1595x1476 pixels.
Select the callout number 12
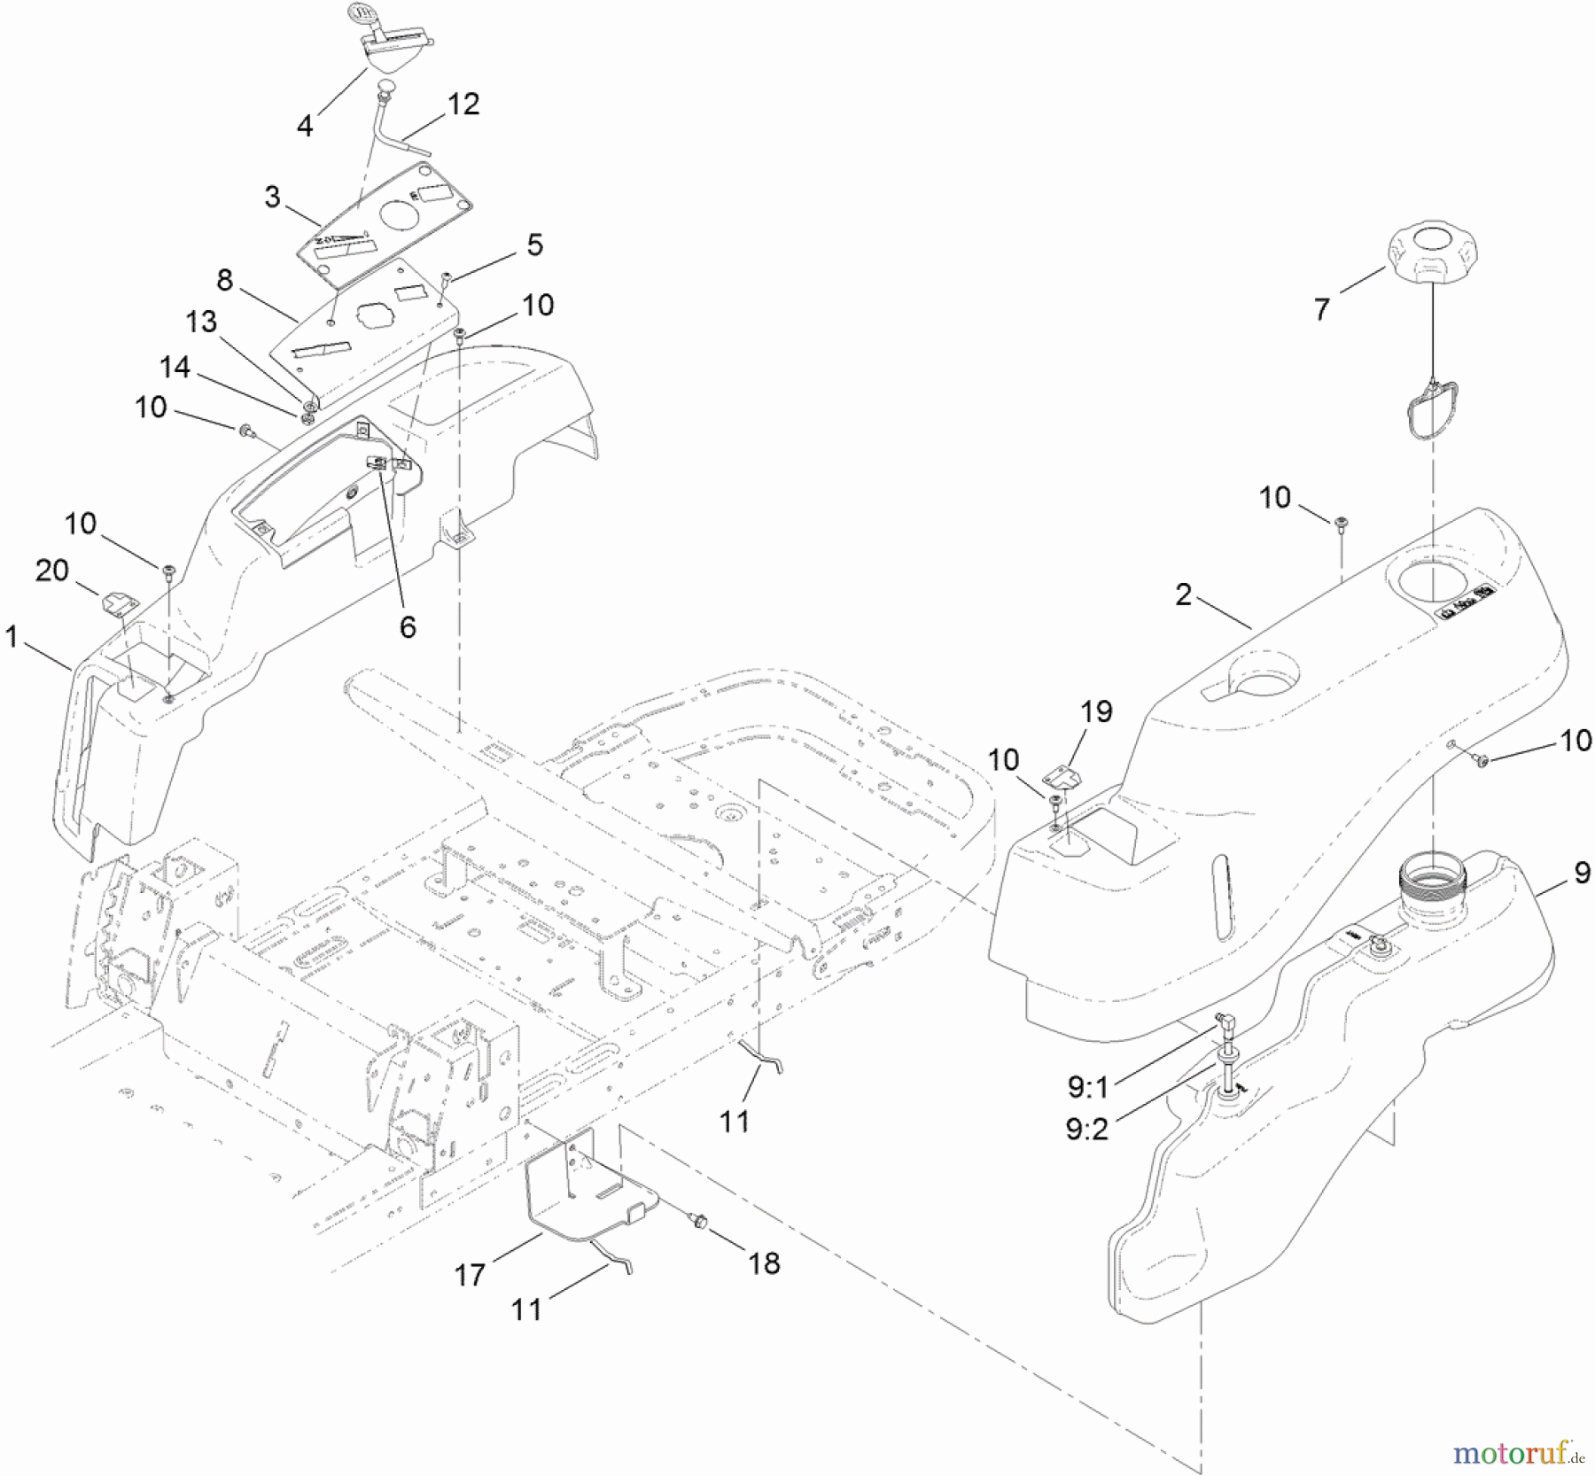click(x=463, y=104)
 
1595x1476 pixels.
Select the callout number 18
click(x=764, y=1262)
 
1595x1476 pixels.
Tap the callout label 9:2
click(x=1087, y=1130)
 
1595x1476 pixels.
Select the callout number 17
click(x=470, y=1274)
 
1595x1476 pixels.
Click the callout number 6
click(x=407, y=626)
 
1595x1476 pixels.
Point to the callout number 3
click(x=272, y=196)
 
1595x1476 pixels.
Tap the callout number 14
click(x=175, y=367)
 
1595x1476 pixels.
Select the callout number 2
click(x=1183, y=594)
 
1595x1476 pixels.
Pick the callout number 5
click(x=534, y=245)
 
